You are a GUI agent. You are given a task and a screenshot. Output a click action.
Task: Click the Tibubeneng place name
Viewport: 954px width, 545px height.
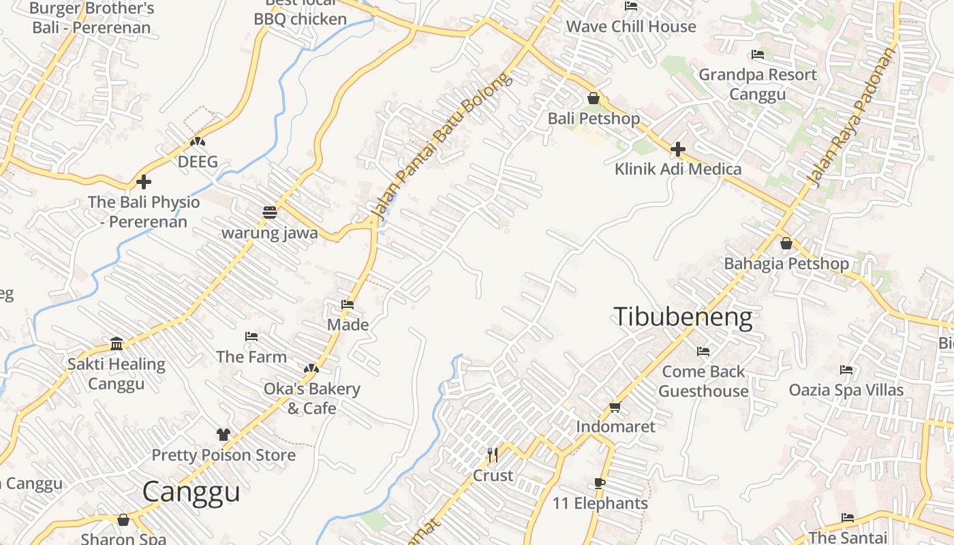point(683,317)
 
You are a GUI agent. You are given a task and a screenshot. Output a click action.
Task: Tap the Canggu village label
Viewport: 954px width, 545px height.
point(191,492)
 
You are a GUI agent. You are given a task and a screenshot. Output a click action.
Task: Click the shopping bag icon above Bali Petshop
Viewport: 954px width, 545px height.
point(594,98)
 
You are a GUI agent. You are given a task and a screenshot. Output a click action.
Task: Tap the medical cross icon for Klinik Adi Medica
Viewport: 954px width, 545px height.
point(678,149)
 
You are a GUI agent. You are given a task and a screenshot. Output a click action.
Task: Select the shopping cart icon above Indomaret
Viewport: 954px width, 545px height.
point(615,407)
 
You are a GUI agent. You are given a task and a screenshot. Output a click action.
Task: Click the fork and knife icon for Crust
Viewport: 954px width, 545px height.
point(493,454)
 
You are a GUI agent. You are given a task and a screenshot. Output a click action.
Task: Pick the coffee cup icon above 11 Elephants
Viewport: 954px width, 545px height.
point(599,484)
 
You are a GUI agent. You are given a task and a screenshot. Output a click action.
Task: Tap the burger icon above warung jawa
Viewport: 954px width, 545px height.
point(270,212)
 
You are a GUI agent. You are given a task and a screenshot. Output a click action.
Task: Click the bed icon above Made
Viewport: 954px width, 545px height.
point(348,305)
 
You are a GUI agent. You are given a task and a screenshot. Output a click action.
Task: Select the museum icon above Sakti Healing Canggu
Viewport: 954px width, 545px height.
point(117,343)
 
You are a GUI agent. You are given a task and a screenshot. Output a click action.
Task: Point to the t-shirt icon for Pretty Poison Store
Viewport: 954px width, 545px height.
point(224,434)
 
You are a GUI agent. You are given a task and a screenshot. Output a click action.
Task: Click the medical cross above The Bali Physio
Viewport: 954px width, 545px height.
point(144,182)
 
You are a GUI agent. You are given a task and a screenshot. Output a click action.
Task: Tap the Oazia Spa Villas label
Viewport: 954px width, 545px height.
point(846,390)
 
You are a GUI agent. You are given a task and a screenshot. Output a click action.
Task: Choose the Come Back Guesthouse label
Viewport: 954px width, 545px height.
point(703,381)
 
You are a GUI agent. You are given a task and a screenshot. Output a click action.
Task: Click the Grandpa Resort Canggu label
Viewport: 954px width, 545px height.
point(757,84)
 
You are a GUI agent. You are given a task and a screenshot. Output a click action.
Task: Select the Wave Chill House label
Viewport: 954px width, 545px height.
point(631,27)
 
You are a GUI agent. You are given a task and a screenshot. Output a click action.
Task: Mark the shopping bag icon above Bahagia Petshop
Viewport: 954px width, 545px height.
point(786,243)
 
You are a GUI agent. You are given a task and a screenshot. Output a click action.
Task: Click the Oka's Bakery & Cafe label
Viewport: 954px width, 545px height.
point(311,399)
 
